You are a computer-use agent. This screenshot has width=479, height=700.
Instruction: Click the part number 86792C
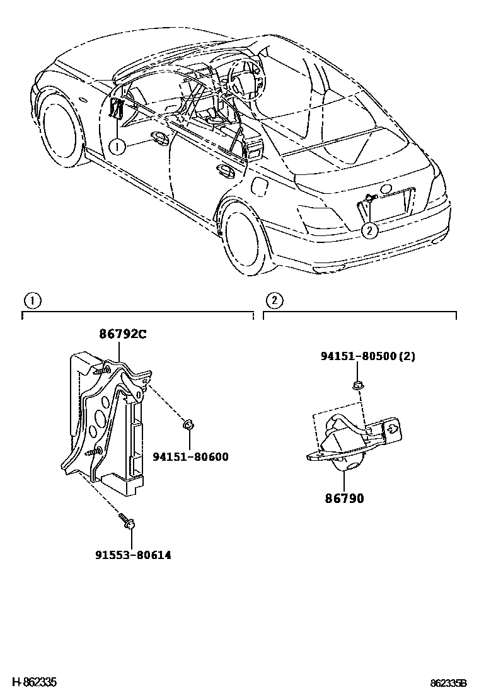point(122,334)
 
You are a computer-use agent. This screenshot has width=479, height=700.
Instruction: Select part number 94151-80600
point(190,457)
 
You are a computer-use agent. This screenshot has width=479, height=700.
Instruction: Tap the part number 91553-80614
point(133,555)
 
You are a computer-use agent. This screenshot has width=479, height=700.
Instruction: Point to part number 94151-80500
point(359,356)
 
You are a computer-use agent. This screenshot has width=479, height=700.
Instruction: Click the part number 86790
point(345,499)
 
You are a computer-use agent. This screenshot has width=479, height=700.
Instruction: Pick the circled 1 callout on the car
point(116,147)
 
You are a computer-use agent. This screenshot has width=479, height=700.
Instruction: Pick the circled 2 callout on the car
point(370,230)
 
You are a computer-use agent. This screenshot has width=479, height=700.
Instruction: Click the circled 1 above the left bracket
point(33,300)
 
